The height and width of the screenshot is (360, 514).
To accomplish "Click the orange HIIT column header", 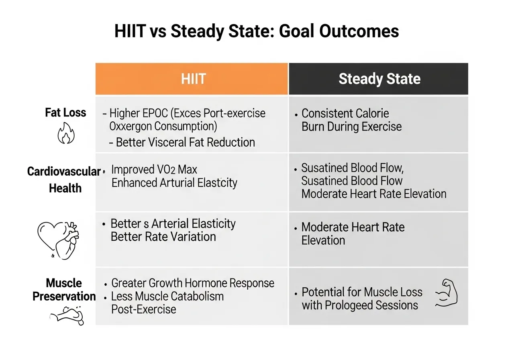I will (192, 79).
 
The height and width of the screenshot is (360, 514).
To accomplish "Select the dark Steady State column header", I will (379, 79).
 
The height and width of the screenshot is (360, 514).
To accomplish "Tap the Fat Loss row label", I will (65, 112).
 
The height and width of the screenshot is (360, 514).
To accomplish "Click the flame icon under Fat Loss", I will (66, 134).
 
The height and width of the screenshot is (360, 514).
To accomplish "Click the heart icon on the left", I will (57, 237).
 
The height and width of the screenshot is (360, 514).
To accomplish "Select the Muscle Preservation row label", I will (64, 290).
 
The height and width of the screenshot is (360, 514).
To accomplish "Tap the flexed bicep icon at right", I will (446, 293).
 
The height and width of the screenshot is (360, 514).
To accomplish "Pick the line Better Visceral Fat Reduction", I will (185, 142).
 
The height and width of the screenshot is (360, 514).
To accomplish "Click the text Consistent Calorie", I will (345, 113).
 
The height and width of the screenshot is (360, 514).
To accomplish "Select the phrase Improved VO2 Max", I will (154, 169).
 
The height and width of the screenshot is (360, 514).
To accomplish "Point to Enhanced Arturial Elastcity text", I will (174, 183).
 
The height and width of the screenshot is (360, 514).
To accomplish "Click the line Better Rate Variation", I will (163, 237).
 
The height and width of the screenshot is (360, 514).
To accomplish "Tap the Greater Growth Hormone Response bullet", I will (192, 283).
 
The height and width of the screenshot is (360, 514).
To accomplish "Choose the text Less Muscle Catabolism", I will (167, 297).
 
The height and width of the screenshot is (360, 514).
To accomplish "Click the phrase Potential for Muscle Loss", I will (361, 292).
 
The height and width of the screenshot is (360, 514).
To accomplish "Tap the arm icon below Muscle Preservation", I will (66, 316).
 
